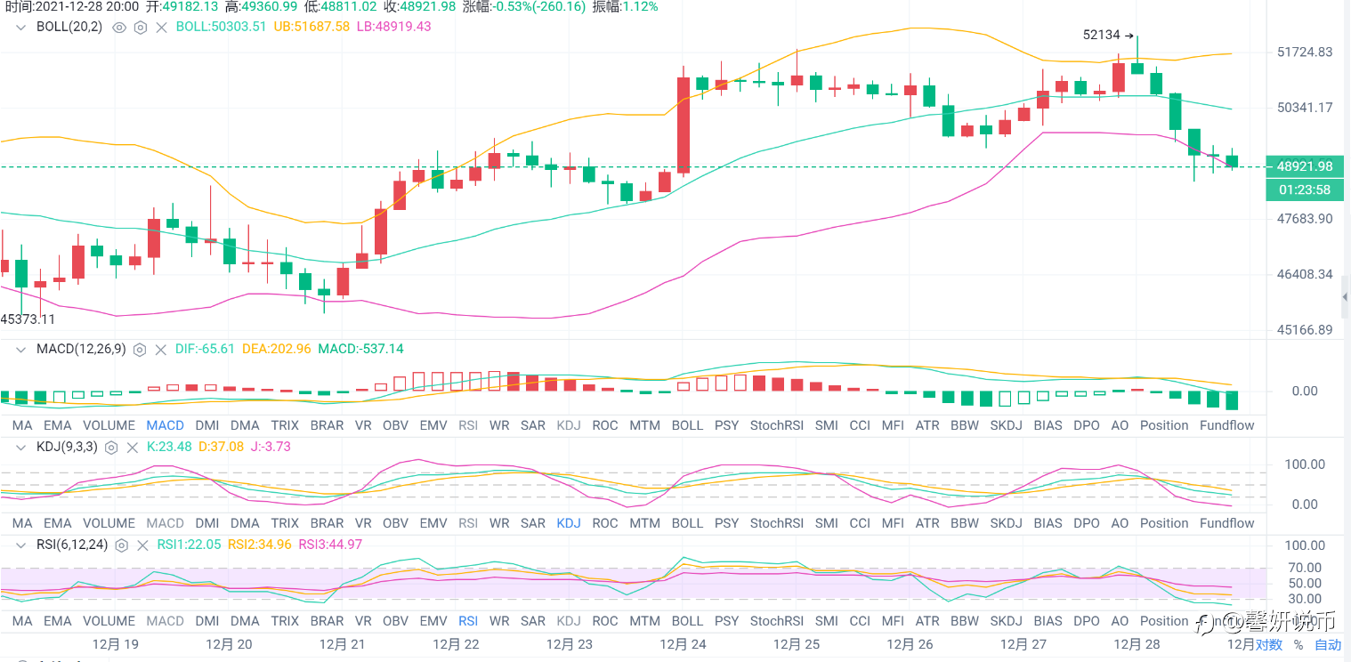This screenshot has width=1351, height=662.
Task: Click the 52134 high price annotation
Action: click(1102, 36)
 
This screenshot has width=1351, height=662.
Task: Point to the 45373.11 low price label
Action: click(28, 319)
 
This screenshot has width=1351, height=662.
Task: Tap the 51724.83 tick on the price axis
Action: click(1305, 52)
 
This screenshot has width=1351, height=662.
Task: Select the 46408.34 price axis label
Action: click(1305, 274)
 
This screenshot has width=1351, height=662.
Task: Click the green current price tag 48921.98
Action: click(1305, 166)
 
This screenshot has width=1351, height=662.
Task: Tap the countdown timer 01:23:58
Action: click(1305, 190)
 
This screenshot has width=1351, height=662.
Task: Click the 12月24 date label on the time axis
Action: click(683, 643)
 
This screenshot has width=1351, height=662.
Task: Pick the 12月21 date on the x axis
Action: click(343, 643)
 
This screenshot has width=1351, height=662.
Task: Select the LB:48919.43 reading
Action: click(393, 27)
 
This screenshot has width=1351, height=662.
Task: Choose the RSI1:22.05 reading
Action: click(189, 545)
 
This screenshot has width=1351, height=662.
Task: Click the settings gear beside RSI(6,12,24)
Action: click(122, 545)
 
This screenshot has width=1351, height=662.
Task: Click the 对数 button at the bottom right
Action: click(1269, 645)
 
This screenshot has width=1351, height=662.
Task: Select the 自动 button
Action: click(1328, 645)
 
